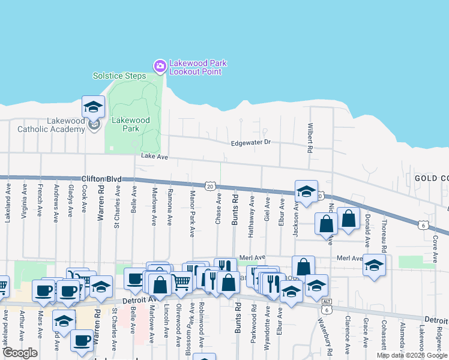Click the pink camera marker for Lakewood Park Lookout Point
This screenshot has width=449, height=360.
pyautogui.click(x=160, y=66)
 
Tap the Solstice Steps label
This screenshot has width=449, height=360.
pyautogui.click(x=119, y=76)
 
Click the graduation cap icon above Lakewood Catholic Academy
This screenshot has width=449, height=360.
pyautogui.click(x=94, y=107)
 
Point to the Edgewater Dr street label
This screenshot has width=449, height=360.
pyautogui.click(x=252, y=143)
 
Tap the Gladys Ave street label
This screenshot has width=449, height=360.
pyautogui.click(x=71, y=200)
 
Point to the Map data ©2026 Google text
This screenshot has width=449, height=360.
pyautogui.click(x=412, y=355)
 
